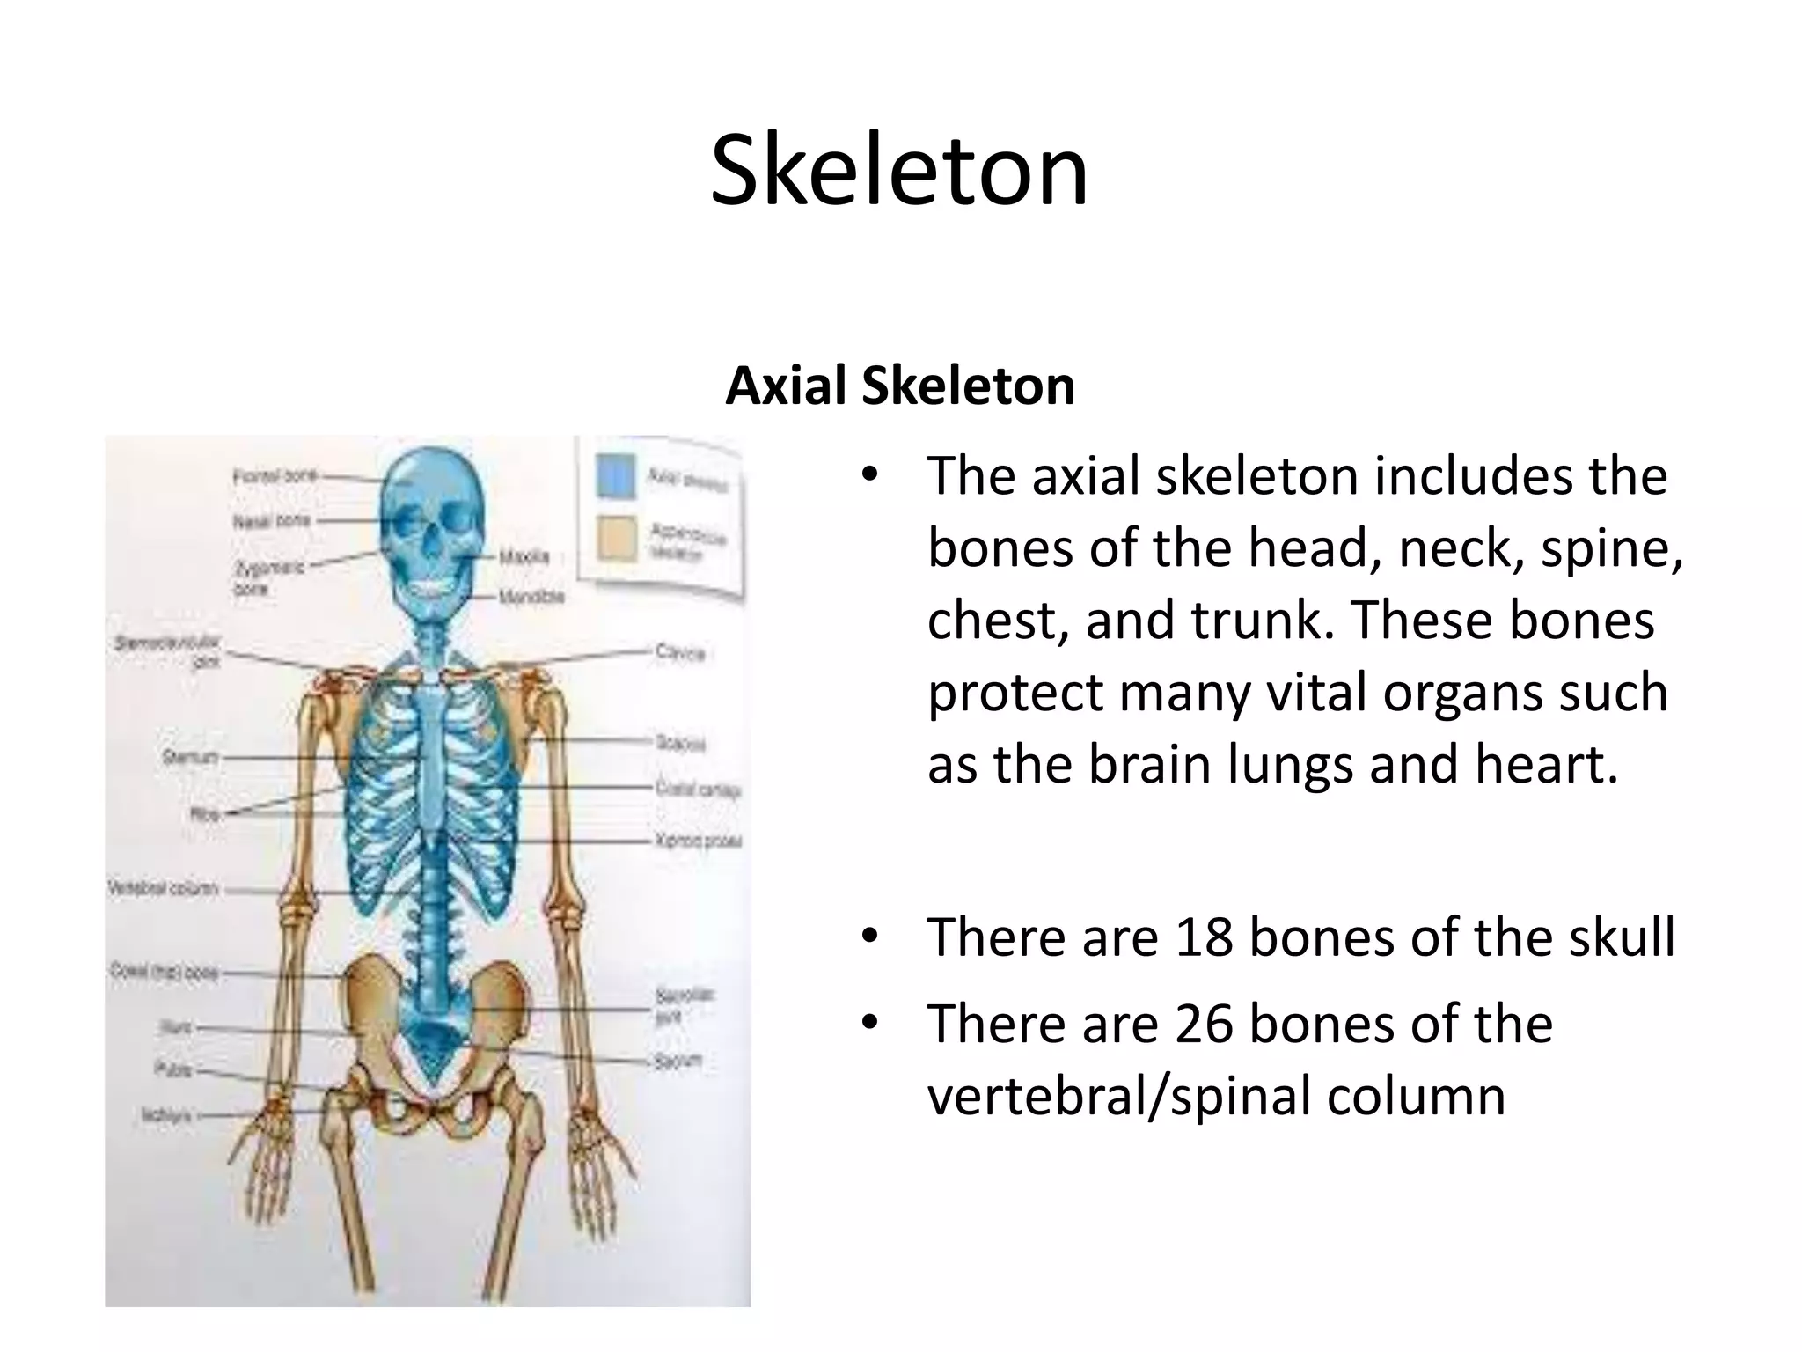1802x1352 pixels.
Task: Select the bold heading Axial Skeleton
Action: coord(899,386)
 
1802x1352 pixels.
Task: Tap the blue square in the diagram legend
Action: coord(615,475)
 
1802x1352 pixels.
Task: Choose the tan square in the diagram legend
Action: coord(615,538)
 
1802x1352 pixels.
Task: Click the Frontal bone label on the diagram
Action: coord(274,476)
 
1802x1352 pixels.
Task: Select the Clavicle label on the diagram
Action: coord(680,652)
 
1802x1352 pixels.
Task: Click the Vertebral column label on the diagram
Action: coord(163,888)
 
